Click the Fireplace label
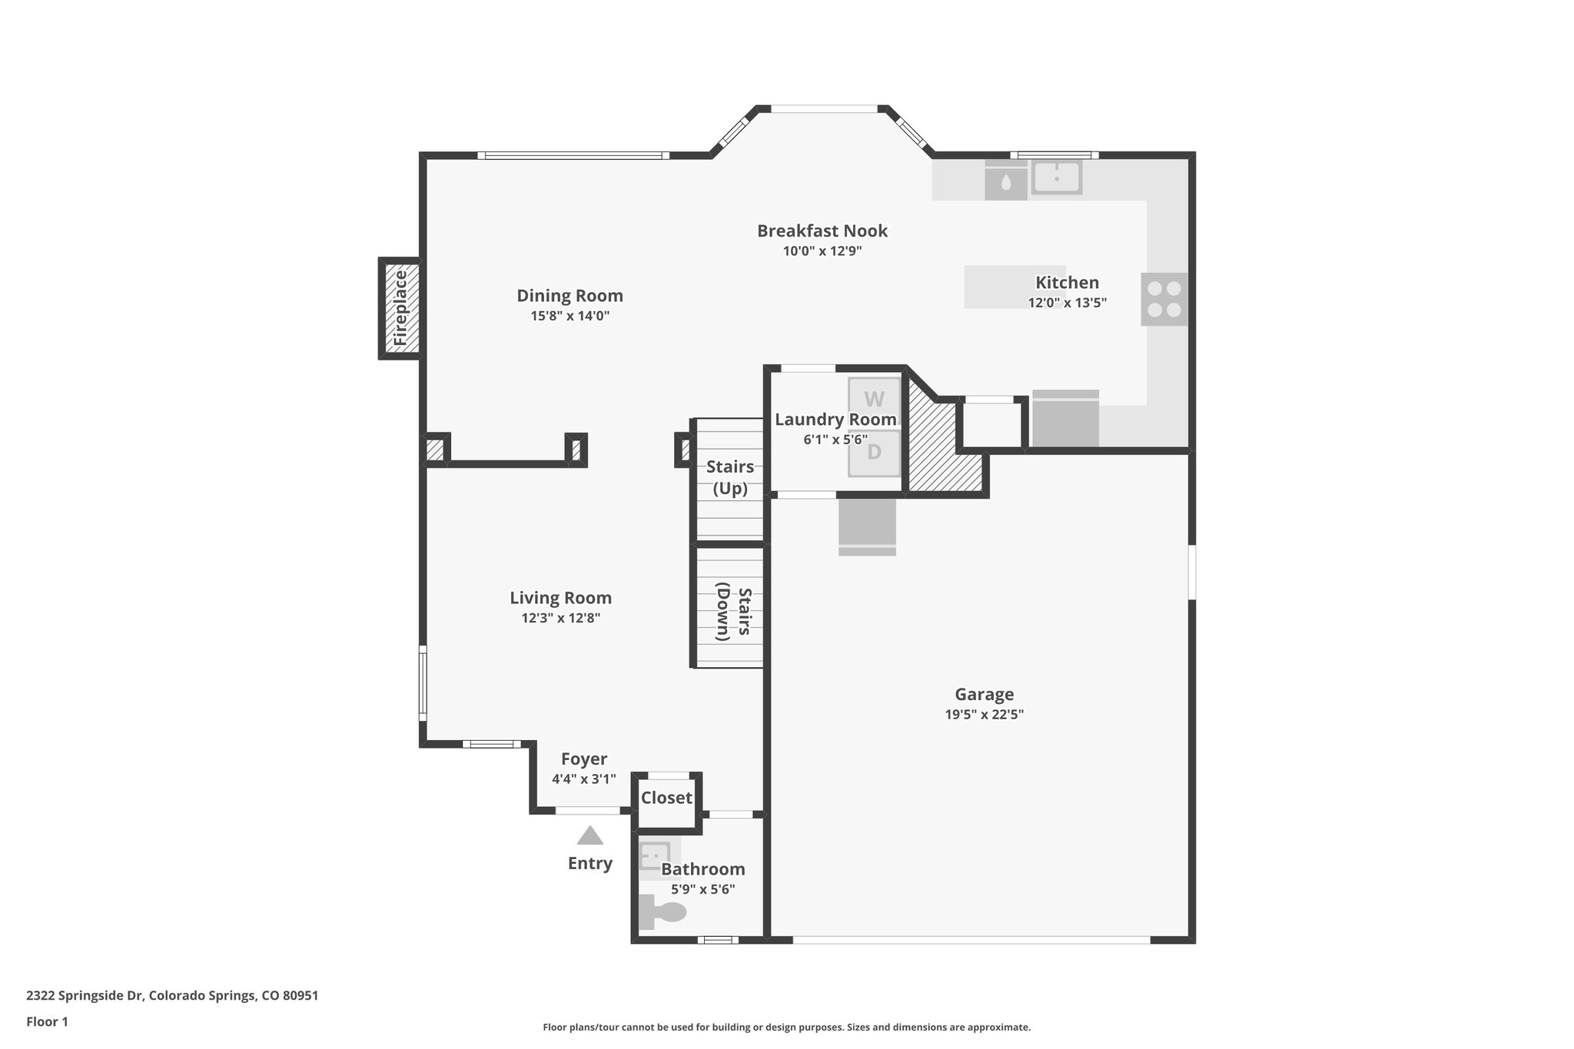400,308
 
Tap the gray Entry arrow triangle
589,836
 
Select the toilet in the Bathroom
664,912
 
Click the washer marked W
874,400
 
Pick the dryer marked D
874,452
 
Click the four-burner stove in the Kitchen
1164,299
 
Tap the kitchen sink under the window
1056,178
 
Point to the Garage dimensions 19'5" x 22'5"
984,715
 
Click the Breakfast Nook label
822,231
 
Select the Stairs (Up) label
729,477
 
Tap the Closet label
666,798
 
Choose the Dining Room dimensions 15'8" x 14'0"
569,316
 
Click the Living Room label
560,598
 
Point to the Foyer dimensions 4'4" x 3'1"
583,779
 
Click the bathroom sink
655,855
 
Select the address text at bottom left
172,996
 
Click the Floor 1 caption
47,1022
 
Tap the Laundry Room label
835,420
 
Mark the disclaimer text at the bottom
786,1027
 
